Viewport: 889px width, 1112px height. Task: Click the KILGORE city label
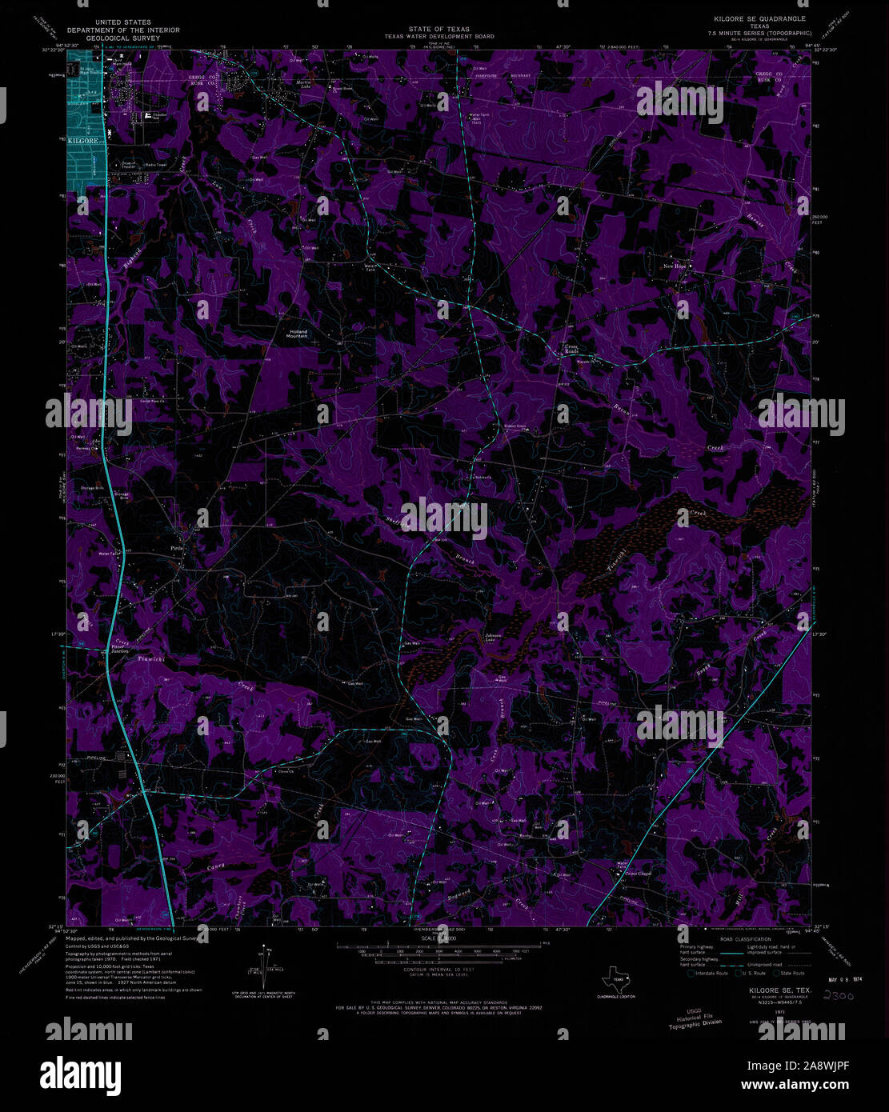point(82,140)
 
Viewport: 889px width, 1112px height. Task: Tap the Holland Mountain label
point(298,334)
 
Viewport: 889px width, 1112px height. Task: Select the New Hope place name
point(675,266)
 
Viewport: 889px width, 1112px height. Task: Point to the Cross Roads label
point(571,350)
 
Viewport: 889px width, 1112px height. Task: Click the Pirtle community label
point(177,548)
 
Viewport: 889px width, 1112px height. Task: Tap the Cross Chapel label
point(638,874)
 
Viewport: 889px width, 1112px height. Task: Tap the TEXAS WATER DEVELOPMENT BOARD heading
point(451,37)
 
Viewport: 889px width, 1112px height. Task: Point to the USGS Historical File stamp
point(695,1017)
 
